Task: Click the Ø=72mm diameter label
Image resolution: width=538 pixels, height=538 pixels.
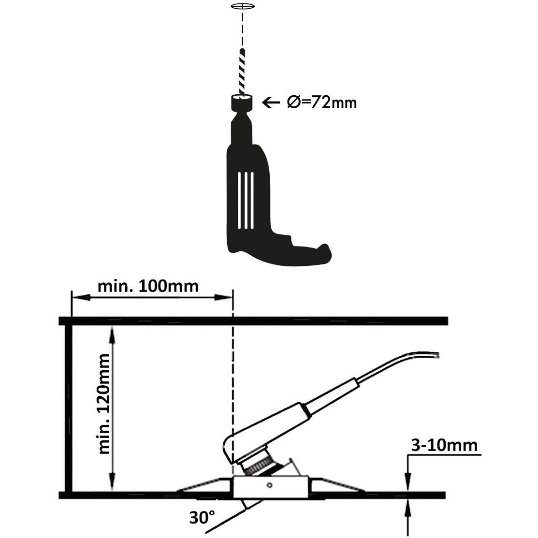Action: click(321, 102)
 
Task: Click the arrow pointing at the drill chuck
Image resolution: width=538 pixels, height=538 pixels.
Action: click(271, 102)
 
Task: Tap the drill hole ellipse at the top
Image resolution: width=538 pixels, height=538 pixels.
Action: click(242, 7)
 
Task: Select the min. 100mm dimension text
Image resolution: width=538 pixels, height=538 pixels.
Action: click(148, 286)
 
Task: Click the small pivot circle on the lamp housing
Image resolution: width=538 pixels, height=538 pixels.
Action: click(270, 485)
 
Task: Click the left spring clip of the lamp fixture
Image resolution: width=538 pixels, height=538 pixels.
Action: click(201, 486)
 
